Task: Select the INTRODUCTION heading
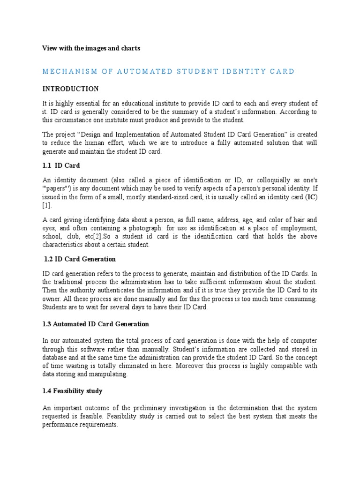pos(70,89)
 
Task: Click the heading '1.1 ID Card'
pos(61,165)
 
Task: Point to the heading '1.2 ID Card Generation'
pos(80,259)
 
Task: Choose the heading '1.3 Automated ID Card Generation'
pos(96,324)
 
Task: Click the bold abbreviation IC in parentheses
pos(311,197)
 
